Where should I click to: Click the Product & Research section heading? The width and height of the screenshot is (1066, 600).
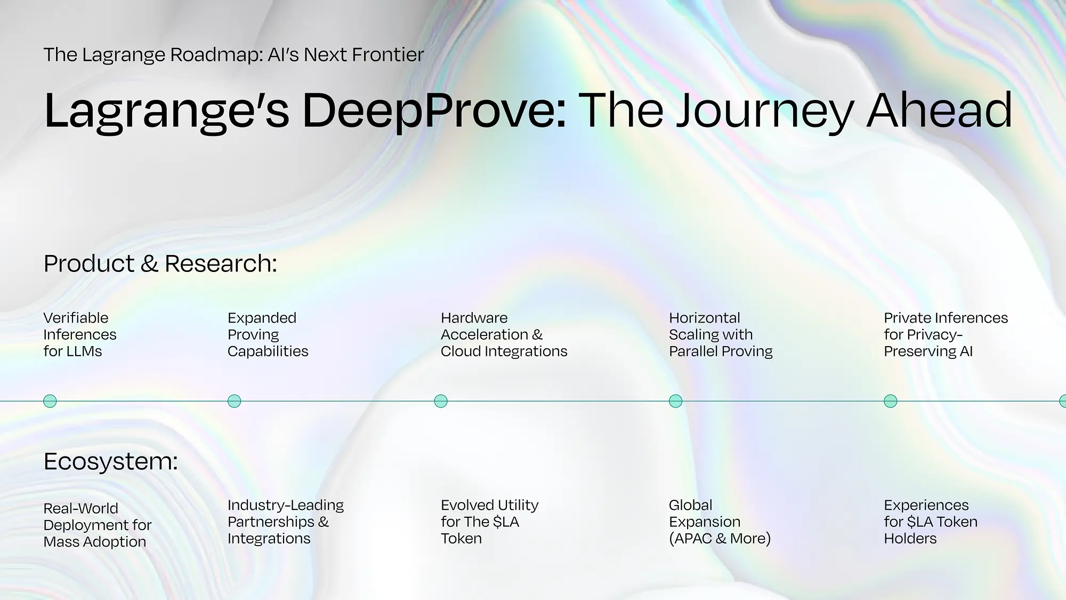160,263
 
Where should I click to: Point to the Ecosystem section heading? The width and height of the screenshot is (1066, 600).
111,461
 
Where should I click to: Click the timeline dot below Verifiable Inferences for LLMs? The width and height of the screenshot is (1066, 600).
50,401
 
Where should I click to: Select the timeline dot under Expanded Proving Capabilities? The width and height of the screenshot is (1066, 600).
235,401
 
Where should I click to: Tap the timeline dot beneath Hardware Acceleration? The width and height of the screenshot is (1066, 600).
441,401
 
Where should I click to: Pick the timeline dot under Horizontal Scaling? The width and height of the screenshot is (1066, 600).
676,401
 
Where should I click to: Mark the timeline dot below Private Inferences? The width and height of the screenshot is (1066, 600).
891,401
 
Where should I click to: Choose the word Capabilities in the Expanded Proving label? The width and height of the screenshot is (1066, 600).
268,351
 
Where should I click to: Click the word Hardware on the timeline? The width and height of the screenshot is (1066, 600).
474,318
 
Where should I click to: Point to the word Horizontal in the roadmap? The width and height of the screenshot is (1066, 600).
705,318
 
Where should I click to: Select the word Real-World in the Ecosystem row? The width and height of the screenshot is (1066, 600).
81,508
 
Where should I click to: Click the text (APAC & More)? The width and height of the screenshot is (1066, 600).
720,539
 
